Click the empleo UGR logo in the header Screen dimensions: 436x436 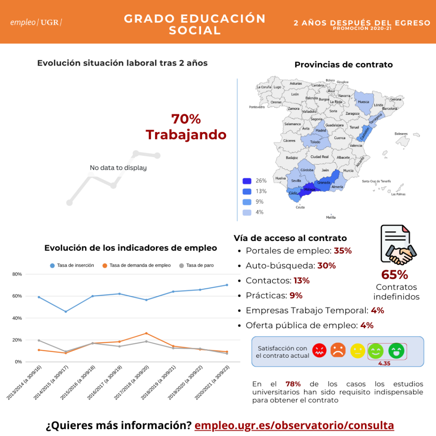coord(36,22)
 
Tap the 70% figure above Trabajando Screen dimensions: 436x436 coord(186,119)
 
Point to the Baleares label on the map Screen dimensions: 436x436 coord(401,134)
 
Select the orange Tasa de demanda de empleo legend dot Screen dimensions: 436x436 coord(105,265)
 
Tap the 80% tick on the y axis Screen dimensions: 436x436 coord(17,274)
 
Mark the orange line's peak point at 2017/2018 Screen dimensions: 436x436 coord(146,333)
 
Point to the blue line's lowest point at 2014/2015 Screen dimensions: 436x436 coord(66,312)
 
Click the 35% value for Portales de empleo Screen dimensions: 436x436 coord(343,250)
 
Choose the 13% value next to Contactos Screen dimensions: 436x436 coord(301,281)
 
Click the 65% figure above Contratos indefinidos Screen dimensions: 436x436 coord(394,275)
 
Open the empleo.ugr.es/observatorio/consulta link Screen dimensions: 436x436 coord(294,425)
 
